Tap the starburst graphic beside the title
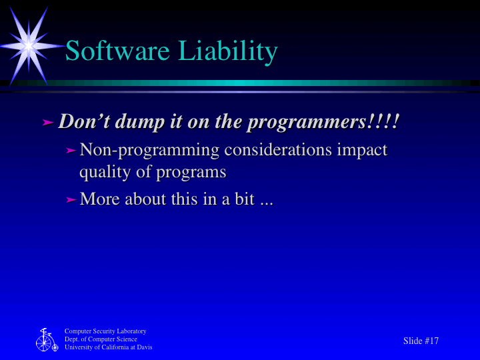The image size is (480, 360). (29, 45)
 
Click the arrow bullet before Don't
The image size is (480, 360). (47, 123)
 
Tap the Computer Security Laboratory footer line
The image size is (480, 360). (105, 331)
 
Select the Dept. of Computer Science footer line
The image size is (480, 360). (101, 339)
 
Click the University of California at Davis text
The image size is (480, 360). (108, 347)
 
